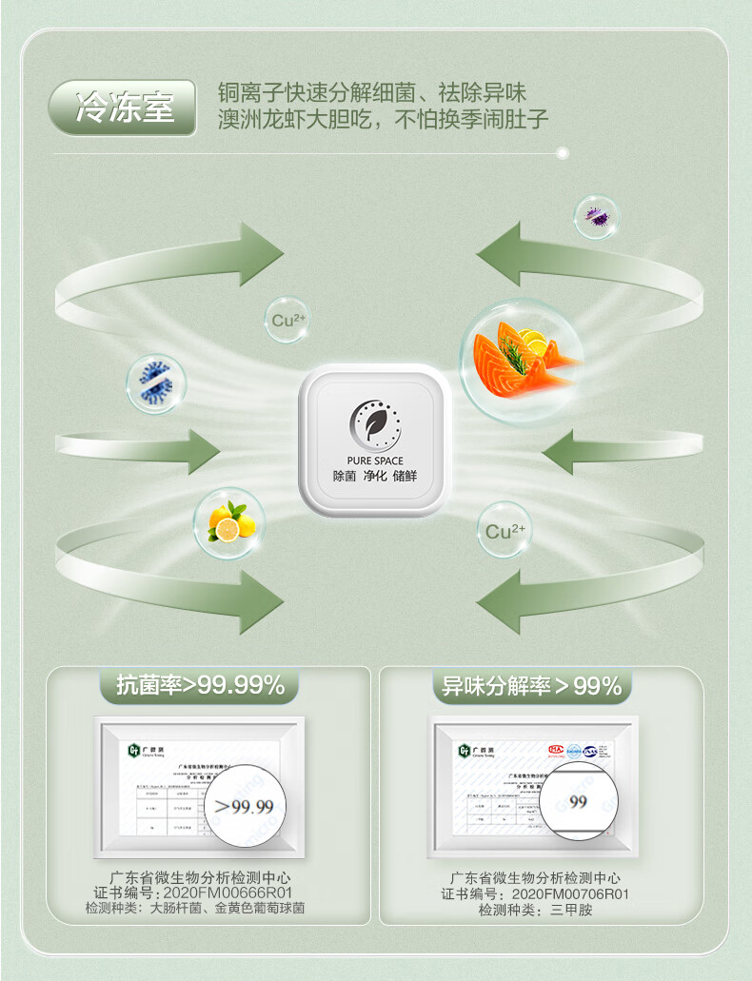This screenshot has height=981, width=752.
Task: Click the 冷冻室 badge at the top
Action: click(124, 107)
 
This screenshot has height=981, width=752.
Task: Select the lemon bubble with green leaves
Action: click(229, 523)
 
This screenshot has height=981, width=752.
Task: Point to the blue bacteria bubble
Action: click(156, 383)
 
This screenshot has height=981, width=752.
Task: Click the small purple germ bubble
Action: click(597, 217)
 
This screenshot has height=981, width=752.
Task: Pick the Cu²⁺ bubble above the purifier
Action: click(287, 320)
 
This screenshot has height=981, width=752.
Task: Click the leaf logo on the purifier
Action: click(374, 424)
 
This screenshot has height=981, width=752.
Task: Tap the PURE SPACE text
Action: click(375, 461)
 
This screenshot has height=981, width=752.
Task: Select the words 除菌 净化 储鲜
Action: click(375, 476)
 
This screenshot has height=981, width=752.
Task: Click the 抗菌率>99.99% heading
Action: click(201, 685)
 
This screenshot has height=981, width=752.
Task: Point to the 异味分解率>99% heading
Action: click(531, 685)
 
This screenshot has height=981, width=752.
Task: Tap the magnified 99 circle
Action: click(578, 801)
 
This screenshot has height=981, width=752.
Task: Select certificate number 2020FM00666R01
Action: click(229, 893)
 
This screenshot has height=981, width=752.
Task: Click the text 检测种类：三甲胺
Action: click(536, 911)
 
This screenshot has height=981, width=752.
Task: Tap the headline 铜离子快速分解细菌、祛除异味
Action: click(371, 93)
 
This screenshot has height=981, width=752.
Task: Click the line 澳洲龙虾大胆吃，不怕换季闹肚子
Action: click(383, 120)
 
